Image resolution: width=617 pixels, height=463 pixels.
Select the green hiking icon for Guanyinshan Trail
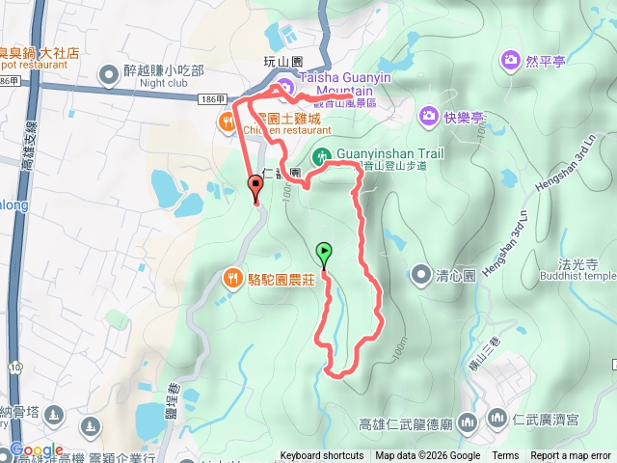[x=321, y=155]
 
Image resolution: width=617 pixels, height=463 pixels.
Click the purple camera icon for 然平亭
[x=509, y=62]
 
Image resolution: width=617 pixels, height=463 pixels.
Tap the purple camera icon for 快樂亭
[x=428, y=117]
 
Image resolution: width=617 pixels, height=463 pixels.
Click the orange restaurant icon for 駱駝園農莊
[x=232, y=278]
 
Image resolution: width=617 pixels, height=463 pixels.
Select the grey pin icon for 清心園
[x=420, y=275]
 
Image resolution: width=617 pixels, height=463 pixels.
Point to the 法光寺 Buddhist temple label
[x=578, y=269]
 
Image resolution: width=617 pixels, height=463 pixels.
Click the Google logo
[x=37, y=449]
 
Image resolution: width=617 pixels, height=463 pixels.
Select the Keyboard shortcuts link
[x=322, y=456]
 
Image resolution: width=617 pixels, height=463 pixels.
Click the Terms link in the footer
[x=505, y=456]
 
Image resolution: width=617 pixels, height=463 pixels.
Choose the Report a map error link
[x=571, y=456]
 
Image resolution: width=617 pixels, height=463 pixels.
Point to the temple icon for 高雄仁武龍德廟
[x=468, y=422]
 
